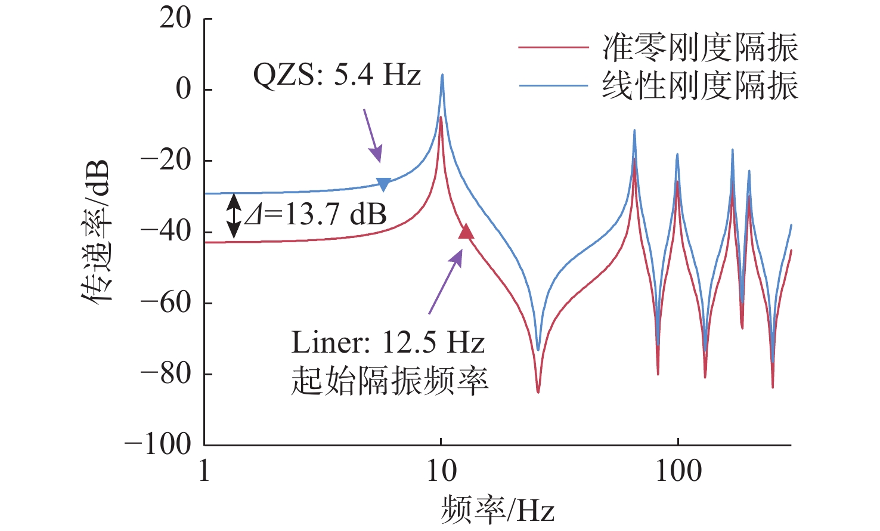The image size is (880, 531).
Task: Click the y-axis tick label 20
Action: tap(175, 19)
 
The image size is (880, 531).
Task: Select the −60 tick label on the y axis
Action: tap(165, 303)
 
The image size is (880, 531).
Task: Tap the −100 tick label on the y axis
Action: tap(157, 445)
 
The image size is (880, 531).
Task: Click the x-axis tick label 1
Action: tap(204, 471)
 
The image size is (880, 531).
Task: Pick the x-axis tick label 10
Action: tap(441, 471)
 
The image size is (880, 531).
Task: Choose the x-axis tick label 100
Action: tap(678, 471)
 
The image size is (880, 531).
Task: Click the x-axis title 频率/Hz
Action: tap(498, 511)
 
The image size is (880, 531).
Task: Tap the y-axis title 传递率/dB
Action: tap(96, 231)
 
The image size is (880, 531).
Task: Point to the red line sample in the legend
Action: tap(553, 47)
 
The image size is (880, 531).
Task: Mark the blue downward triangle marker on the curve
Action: tap(383, 184)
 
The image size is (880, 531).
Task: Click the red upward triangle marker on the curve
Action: tap(466, 231)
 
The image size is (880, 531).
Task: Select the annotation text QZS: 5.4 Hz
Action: tap(337, 76)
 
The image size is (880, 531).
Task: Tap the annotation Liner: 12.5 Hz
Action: tap(388, 343)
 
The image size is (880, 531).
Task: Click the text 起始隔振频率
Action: tap(390, 381)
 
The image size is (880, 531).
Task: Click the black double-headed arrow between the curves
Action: tap(234, 215)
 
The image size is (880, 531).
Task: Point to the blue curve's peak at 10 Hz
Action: tap(442, 76)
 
